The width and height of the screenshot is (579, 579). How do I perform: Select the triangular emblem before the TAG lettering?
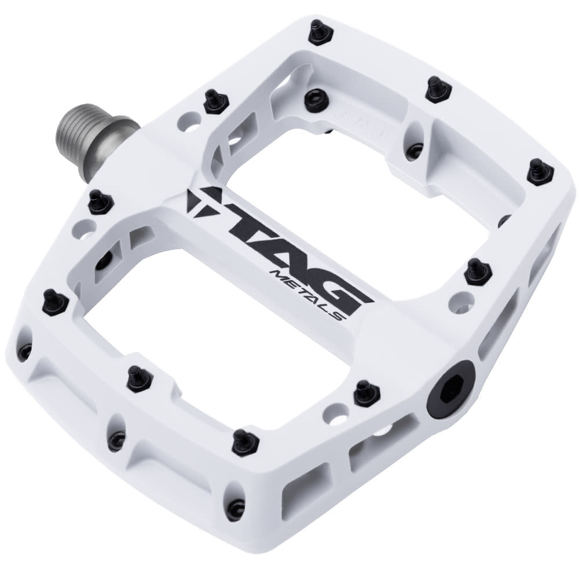point(200,200)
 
